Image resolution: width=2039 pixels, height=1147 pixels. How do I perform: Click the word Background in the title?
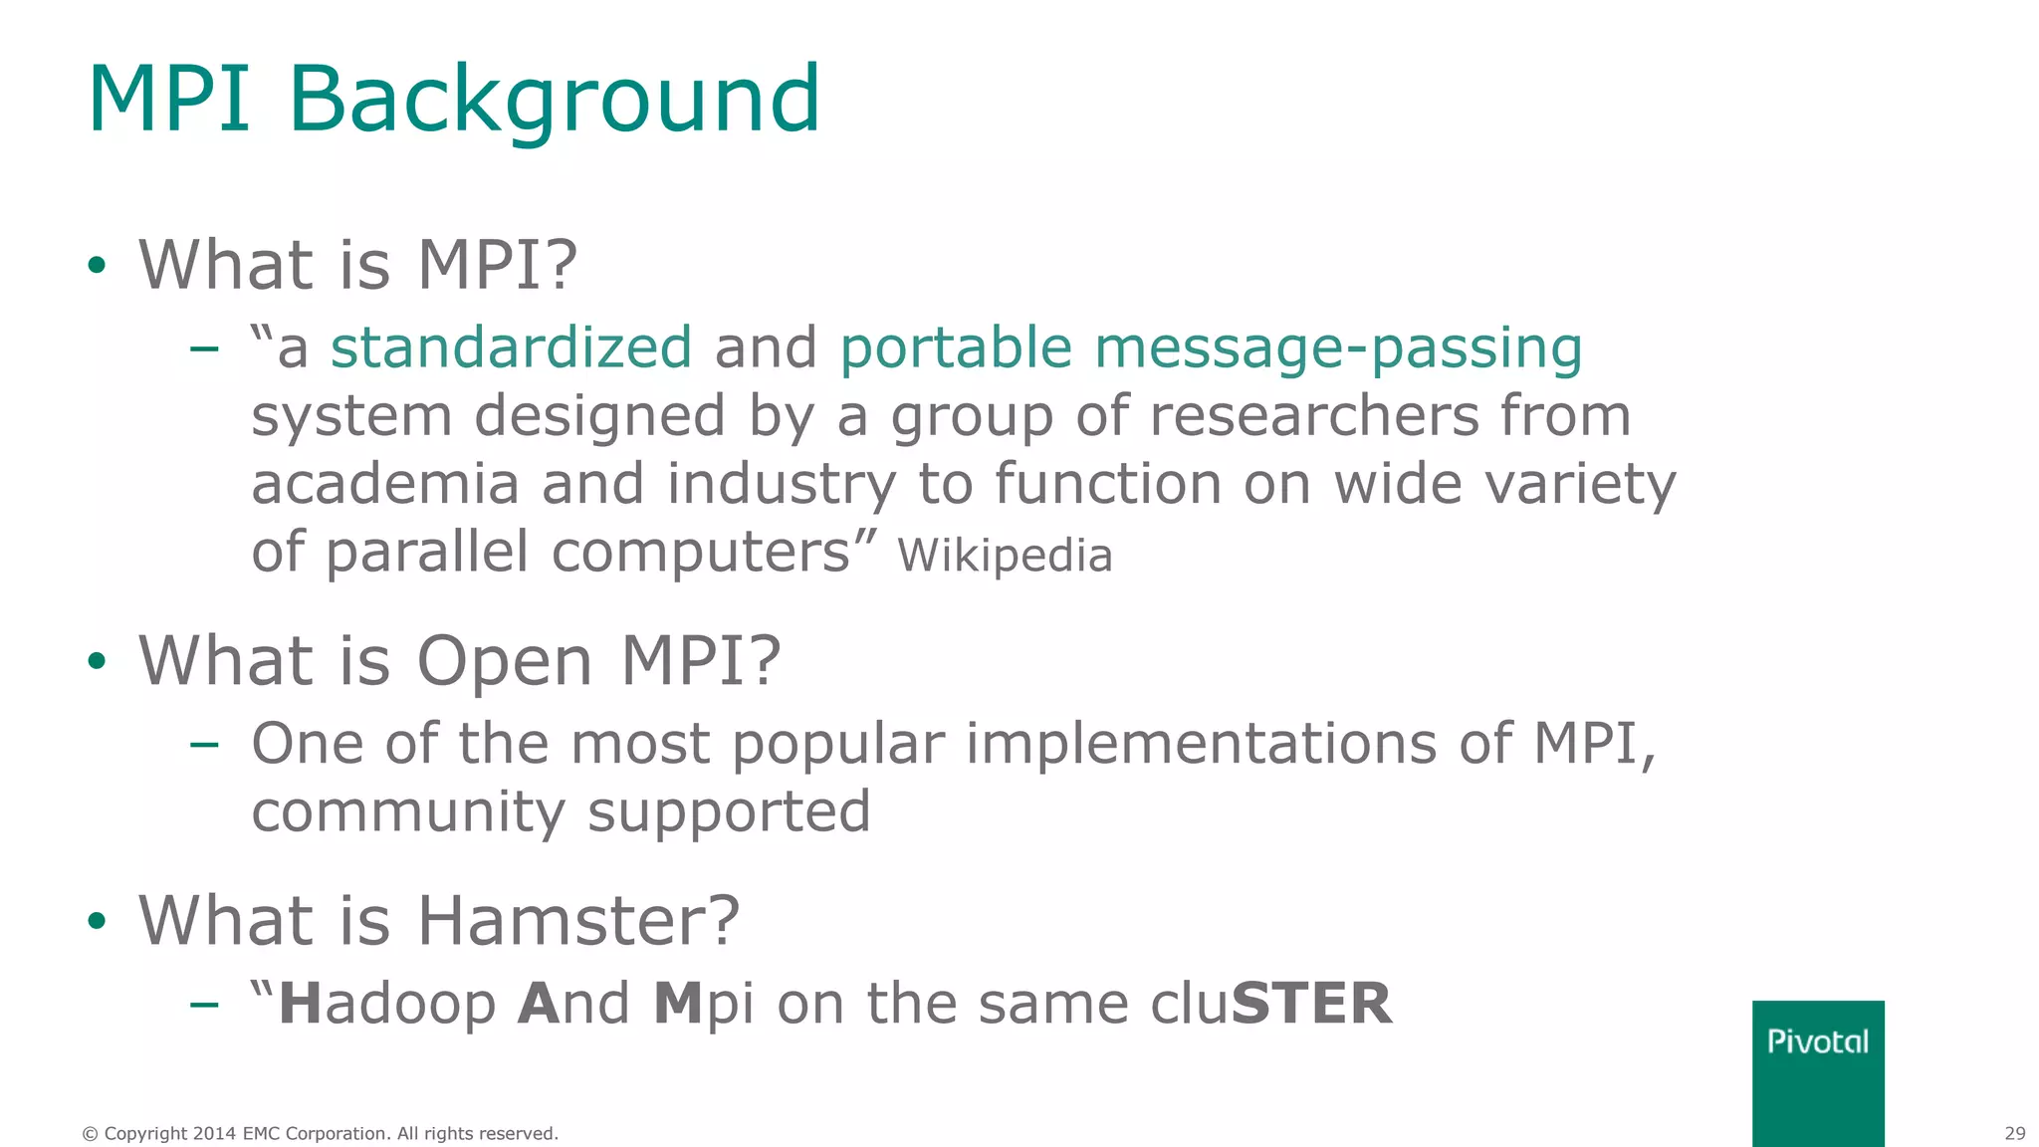click(x=554, y=100)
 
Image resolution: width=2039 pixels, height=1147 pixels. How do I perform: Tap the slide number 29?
click(x=2014, y=1133)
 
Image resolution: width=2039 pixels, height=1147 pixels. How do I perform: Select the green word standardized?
click(x=511, y=347)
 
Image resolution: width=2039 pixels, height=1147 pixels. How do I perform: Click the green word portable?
click(x=956, y=347)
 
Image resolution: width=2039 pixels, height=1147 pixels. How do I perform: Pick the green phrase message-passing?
click(x=1338, y=349)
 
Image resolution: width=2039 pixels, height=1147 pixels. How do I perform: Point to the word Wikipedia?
click(x=1005, y=556)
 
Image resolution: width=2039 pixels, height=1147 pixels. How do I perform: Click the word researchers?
click(x=1314, y=415)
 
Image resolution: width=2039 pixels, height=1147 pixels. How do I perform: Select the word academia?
click(x=385, y=484)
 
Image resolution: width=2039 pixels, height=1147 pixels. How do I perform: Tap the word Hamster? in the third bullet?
click(x=578, y=920)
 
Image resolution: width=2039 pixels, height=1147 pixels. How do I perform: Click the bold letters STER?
click(x=1311, y=1004)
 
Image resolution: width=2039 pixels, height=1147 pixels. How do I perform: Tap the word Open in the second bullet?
click(x=505, y=662)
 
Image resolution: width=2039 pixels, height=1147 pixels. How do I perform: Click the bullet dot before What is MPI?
click(x=97, y=266)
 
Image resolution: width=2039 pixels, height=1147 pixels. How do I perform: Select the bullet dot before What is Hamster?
click(x=97, y=921)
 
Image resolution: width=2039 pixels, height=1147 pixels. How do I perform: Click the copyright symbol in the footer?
click(x=90, y=1134)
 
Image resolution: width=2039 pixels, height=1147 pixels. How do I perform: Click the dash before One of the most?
click(x=204, y=745)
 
